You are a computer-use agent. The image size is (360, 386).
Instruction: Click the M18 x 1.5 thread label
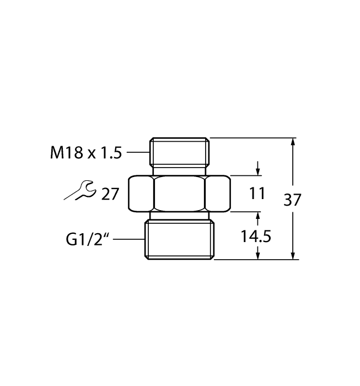(85, 153)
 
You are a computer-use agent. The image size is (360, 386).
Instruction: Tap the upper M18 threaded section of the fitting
(179, 152)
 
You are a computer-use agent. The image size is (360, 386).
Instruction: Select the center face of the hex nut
(179, 193)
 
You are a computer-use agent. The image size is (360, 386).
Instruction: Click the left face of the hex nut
(142, 193)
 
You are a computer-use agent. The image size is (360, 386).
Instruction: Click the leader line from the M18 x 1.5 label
(137, 153)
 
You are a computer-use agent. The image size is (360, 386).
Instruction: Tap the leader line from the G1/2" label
(132, 239)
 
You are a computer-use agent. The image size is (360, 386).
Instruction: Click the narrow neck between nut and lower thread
(179, 216)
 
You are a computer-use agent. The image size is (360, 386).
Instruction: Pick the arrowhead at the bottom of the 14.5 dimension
(257, 254)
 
